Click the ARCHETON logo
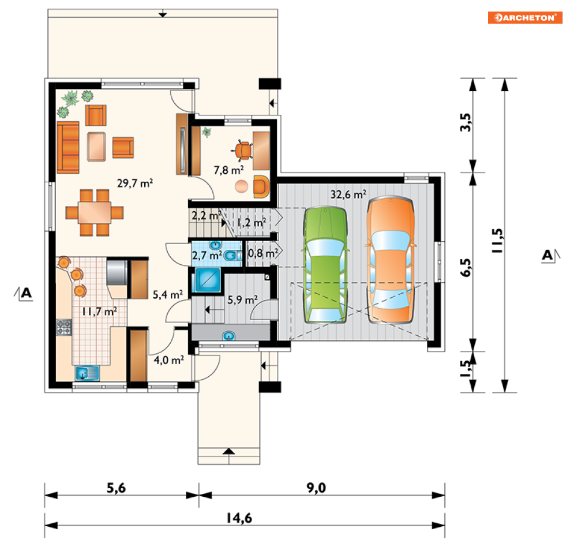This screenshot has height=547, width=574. point(525,17)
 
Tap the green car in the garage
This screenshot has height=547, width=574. point(325,265)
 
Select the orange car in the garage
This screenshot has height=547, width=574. point(391,260)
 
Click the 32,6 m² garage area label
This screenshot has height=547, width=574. point(348,194)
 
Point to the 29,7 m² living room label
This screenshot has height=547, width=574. point(135,183)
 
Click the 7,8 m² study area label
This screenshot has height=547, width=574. point(229,170)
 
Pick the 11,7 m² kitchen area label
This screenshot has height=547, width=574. point(100,311)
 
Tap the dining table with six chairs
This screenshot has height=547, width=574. point(95,213)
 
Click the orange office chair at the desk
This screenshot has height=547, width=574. point(242,151)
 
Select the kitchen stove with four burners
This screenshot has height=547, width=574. point(63,327)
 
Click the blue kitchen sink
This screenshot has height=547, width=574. point(87,373)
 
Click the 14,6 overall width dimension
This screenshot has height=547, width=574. point(239,518)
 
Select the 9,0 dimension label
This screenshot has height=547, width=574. point(316,488)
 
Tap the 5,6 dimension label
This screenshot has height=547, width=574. point(116,488)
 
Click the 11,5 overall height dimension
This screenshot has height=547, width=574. point(497,241)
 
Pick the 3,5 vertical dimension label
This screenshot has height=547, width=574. point(466,122)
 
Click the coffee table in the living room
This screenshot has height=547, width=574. point(97,147)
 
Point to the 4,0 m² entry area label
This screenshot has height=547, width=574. point(169,360)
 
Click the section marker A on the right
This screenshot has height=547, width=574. point(548,255)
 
